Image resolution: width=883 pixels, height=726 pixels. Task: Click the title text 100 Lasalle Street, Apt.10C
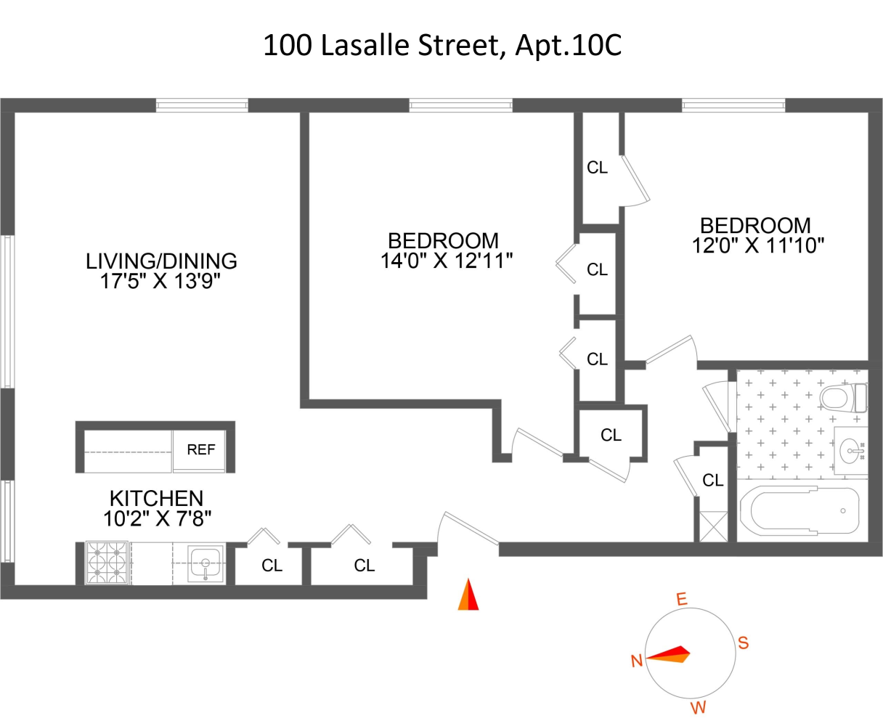441,46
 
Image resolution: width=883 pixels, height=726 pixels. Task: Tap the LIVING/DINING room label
161,261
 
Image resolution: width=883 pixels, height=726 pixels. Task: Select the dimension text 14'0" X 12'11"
447,261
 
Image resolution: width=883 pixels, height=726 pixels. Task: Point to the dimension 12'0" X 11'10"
758,245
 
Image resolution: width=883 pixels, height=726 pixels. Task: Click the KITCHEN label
156,499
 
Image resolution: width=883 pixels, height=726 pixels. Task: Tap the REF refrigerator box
201,450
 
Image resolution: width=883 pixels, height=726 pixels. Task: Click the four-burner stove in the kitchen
107,563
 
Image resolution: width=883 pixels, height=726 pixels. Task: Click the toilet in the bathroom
840,398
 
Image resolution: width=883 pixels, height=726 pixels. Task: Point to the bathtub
799,510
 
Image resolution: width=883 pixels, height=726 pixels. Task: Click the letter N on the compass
637,661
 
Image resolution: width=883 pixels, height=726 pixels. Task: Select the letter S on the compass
743,643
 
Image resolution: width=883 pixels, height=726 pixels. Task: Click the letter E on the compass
681,600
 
